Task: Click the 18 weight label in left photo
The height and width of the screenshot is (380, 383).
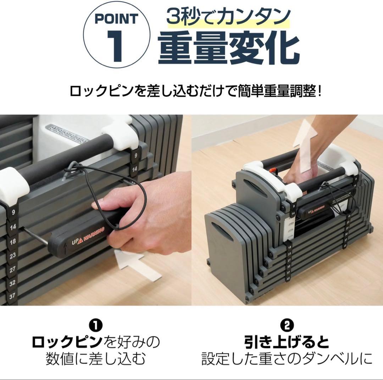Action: click(x=13, y=242)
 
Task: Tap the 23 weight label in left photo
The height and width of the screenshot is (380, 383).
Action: click(x=13, y=255)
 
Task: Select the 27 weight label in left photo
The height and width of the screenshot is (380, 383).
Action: click(x=13, y=269)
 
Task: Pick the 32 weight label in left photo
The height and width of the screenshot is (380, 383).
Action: click(x=13, y=283)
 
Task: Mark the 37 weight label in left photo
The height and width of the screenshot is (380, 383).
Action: click(x=13, y=296)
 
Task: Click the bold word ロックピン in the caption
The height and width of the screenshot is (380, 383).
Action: click(x=67, y=342)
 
